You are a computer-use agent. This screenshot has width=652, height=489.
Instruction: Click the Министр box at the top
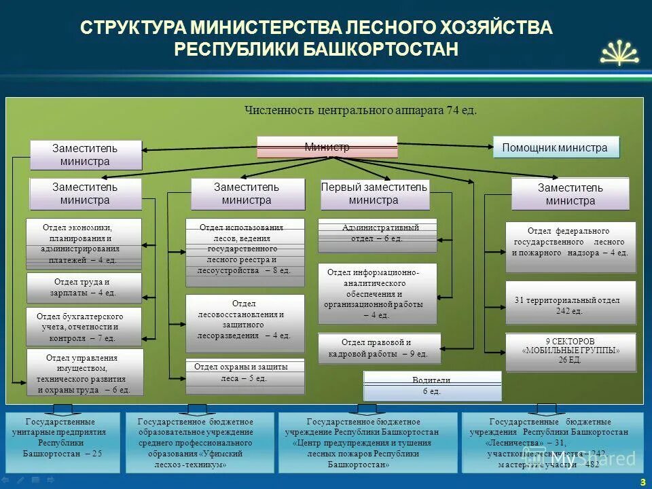click(x=327, y=147)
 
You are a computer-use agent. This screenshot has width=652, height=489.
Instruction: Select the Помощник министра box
click(x=556, y=147)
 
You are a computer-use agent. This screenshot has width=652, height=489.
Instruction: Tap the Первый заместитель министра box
click(x=374, y=194)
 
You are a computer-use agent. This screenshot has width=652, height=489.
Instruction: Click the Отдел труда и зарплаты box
click(x=84, y=287)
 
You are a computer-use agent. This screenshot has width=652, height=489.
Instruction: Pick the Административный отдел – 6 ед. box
click(x=378, y=233)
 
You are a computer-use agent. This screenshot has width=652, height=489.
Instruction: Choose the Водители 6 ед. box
click(x=433, y=386)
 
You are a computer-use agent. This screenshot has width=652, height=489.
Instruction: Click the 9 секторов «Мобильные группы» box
click(x=570, y=351)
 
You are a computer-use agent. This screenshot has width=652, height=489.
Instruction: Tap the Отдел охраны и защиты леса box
click(x=245, y=376)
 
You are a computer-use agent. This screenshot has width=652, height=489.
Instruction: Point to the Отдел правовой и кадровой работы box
click(x=379, y=348)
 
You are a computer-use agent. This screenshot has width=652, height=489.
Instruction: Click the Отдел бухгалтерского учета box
click(x=84, y=327)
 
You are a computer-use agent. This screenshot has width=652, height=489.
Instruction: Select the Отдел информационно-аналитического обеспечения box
click(x=378, y=293)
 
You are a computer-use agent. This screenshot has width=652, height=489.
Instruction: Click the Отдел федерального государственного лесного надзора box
click(x=570, y=241)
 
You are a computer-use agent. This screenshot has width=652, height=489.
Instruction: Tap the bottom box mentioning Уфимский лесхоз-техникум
click(x=200, y=443)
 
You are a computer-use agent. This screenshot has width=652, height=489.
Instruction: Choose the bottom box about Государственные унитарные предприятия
click(x=62, y=443)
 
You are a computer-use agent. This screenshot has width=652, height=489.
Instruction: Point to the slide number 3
click(x=642, y=482)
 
